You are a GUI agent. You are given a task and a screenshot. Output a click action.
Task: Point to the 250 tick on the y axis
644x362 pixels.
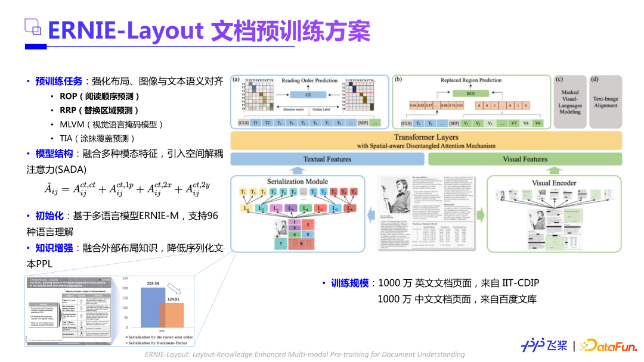click(x=125, y=279)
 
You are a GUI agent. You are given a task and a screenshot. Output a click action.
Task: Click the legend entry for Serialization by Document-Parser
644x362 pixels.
click(x=160, y=344)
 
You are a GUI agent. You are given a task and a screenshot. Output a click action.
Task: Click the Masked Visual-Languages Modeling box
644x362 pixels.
click(x=569, y=102)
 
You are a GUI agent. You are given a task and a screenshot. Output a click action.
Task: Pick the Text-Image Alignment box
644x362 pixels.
click(x=605, y=102)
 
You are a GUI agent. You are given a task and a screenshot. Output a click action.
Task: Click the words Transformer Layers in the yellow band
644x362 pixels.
click(x=426, y=137)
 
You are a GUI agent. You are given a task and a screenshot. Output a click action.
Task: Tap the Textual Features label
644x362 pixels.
click(x=327, y=159)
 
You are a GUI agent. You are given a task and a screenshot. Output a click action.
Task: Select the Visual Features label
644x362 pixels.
click(x=525, y=159)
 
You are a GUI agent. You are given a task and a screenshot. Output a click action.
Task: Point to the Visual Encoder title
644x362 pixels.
click(x=554, y=183)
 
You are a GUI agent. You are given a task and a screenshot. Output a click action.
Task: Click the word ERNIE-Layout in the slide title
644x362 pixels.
click(x=126, y=31)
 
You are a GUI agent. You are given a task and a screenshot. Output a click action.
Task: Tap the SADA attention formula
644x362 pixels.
click(x=128, y=189)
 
